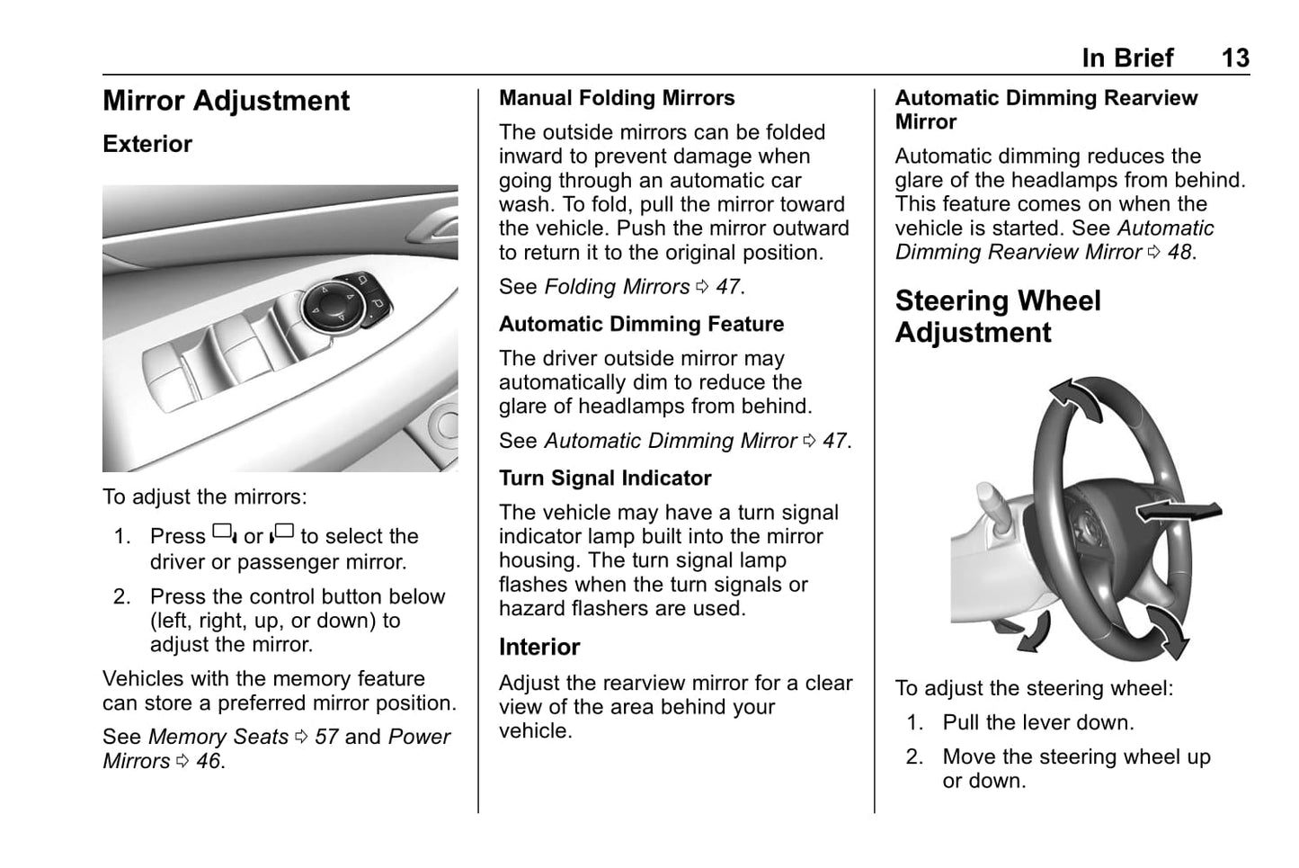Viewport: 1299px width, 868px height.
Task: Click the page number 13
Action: tap(1234, 58)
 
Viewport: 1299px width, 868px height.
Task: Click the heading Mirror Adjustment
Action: tap(226, 101)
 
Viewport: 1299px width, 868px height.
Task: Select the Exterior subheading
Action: tap(147, 144)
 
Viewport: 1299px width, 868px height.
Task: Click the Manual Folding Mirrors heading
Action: tap(617, 98)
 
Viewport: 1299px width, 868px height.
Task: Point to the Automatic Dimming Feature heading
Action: tap(641, 324)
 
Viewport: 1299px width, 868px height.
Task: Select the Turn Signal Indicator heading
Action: tap(605, 478)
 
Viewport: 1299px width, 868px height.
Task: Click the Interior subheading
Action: tap(539, 647)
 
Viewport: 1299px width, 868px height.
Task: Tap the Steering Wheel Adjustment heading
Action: tap(997, 316)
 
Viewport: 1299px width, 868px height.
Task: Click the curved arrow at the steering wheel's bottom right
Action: tap(1168, 631)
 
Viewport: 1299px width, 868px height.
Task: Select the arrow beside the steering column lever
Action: tap(1037, 631)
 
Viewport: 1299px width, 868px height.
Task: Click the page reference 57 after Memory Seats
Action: tap(326, 737)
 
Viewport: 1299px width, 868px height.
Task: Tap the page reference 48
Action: tap(1180, 252)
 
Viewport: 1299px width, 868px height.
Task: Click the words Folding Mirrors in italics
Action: tap(617, 287)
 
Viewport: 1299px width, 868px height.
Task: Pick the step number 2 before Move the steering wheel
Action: tap(914, 756)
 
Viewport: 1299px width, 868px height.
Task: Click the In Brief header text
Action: tap(1127, 58)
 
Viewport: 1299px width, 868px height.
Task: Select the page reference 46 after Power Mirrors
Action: tap(208, 761)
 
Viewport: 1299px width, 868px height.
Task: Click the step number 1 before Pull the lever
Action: tap(914, 722)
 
